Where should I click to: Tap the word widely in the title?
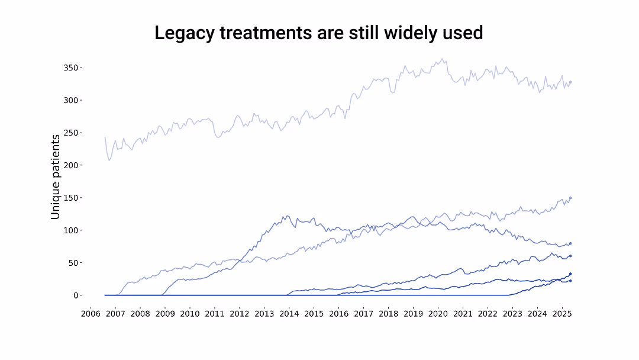click(x=409, y=33)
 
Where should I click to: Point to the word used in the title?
click(x=463, y=33)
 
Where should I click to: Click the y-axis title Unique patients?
click(x=56, y=176)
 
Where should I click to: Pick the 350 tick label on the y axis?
click(x=71, y=67)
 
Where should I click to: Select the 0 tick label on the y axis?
click(x=76, y=295)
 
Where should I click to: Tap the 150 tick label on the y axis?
click(x=71, y=198)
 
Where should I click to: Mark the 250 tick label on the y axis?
click(x=71, y=133)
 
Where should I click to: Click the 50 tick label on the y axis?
click(x=73, y=262)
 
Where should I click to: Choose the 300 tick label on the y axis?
click(x=71, y=100)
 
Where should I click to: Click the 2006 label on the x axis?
click(x=91, y=313)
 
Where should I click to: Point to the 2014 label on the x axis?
click(x=289, y=313)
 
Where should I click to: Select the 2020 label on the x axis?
click(x=438, y=313)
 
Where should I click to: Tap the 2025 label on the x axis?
click(x=561, y=313)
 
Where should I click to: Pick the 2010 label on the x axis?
click(x=189, y=313)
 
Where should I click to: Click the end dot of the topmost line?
click(x=570, y=82)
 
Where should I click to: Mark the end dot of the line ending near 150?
click(x=570, y=198)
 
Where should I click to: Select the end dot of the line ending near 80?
click(x=570, y=243)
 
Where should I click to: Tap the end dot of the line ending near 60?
click(x=570, y=256)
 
